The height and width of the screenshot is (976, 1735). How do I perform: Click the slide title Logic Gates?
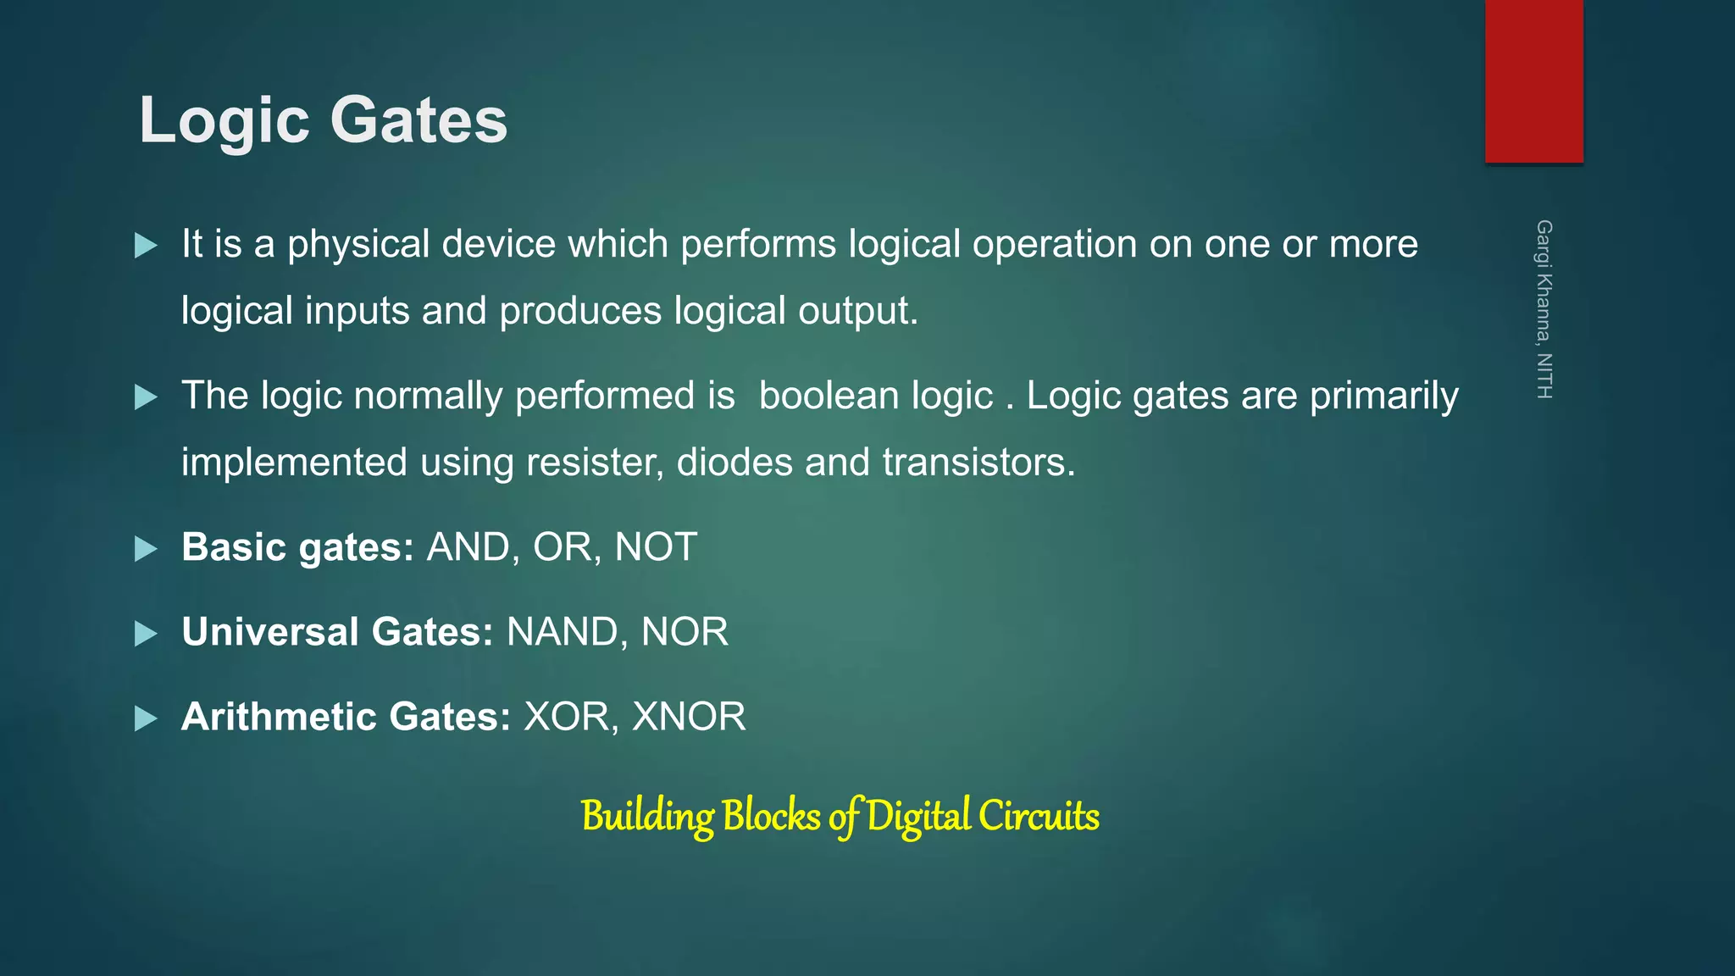pyautogui.click(x=323, y=120)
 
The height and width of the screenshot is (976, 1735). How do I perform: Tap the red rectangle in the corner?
pyautogui.click(x=1533, y=81)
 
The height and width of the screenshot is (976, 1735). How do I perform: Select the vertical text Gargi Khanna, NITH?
pyautogui.click(x=1544, y=309)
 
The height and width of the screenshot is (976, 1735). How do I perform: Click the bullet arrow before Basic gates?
pyautogui.click(x=146, y=549)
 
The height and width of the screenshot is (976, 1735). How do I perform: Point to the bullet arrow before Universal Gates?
pyautogui.click(x=146, y=634)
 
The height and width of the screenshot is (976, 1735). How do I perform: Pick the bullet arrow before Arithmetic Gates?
pyautogui.click(x=146, y=718)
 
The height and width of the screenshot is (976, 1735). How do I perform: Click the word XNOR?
pyautogui.click(x=689, y=717)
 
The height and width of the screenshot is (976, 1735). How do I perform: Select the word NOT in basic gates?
pyautogui.click(x=656, y=547)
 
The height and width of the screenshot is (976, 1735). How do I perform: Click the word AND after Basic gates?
pyautogui.click(x=468, y=547)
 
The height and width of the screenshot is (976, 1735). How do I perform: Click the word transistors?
pyautogui.click(x=978, y=463)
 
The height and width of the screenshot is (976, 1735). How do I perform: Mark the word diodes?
pyautogui.click(x=734, y=463)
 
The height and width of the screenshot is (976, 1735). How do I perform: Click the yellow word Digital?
pyautogui.click(x=918, y=817)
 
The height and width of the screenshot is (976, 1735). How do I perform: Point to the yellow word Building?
pyautogui.click(x=647, y=817)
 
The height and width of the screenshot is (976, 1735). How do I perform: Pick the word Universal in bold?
pyautogui.click(x=270, y=632)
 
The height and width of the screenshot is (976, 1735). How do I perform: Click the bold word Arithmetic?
pyautogui.click(x=279, y=717)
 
